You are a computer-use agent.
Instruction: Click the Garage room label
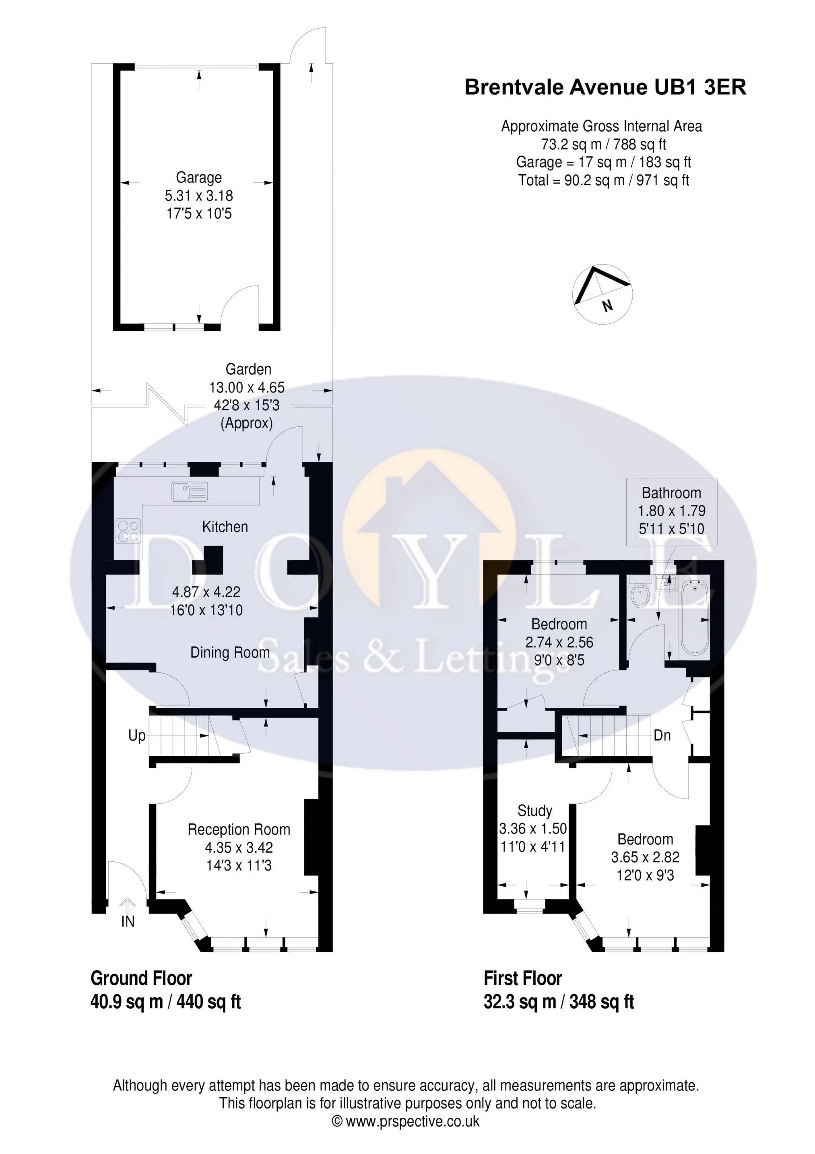[198, 178]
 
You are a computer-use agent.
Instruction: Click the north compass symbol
[602, 294]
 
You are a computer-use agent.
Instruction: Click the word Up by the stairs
[137, 736]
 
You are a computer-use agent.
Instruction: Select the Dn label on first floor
[662, 736]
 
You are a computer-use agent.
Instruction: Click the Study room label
[534, 811]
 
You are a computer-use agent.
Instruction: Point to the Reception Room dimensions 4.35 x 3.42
[239, 848]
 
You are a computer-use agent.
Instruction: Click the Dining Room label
[230, 652]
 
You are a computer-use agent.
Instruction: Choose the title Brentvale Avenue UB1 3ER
[605, 87]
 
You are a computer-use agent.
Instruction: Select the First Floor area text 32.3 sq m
[520, 1002]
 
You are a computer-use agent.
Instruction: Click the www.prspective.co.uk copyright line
[406, 1121]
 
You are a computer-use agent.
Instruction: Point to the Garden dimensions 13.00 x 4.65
[247, 387]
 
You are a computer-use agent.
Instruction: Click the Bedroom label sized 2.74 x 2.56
[559, 624]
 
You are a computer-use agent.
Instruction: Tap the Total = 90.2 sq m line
[603, 180]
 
